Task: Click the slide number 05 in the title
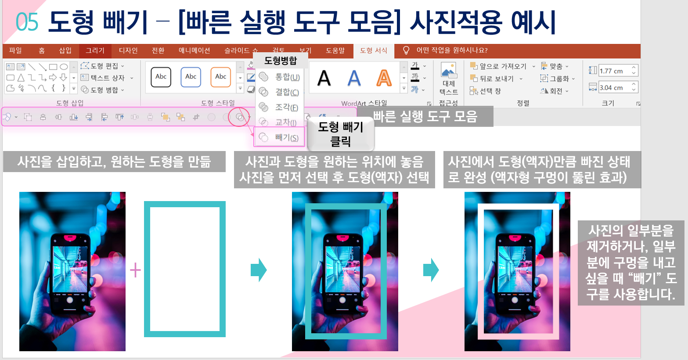27,22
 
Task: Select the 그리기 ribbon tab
95,50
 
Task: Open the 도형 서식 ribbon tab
374,50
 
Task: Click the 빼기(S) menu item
280,137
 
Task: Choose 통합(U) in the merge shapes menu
280,77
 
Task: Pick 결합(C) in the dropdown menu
280,92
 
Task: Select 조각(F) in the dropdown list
280,107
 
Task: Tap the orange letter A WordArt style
384,78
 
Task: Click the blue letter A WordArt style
354,78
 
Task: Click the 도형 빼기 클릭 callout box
341,134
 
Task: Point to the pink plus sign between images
135,270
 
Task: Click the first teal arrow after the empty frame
259,270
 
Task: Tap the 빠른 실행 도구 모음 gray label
425,116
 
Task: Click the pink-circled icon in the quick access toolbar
239,117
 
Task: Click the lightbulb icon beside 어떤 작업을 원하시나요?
406,50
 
